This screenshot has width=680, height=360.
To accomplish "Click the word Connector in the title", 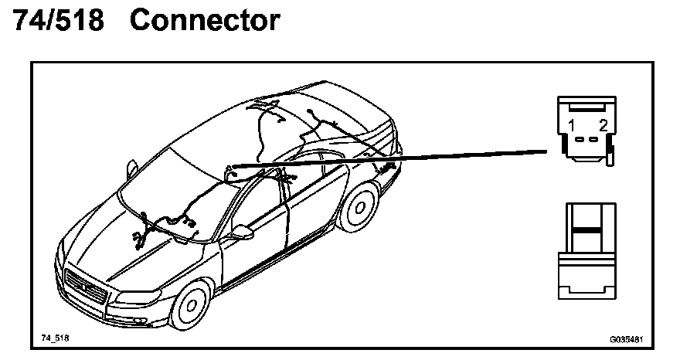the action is [x=205, y=21].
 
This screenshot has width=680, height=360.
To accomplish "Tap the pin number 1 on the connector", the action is [x=570, y=125].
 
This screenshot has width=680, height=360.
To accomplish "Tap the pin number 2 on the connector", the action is [x=603, y=125].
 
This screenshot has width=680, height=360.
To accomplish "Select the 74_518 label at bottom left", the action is [x=55, y=338].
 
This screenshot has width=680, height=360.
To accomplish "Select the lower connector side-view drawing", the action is [x=589, y=251].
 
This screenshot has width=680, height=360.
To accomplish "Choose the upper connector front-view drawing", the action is [x=587, y=128].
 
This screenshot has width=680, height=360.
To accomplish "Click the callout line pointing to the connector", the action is [x=402, y=158].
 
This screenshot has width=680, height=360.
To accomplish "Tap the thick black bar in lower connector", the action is [x=589, y=230].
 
